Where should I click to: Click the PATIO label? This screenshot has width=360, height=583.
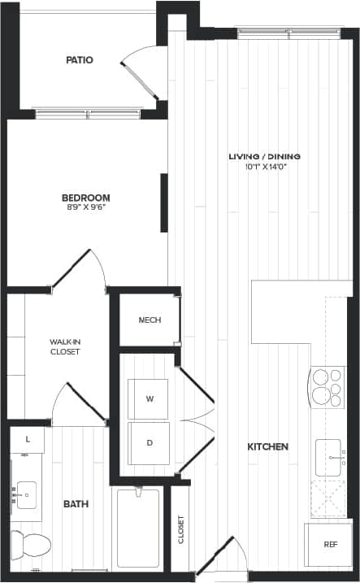[x=79, y=60]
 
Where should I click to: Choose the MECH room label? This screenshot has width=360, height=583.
[x=150, y=320]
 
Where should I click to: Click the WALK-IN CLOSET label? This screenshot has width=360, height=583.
[x=65, y=346]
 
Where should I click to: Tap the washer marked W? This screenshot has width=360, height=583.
[x=150, y=399]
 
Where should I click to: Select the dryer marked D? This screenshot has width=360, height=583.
[x=150, y=443]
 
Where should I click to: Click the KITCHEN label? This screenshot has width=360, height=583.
[x=267, y=447]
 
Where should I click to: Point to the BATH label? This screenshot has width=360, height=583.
[x=76, y=505]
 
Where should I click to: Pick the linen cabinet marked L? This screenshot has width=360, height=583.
[x=28, y=440]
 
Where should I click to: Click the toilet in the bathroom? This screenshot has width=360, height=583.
[x=31, y=543]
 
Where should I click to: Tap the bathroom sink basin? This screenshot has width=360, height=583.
[x=26, y=492]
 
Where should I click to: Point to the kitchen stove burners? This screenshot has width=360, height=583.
[x=326, y=387]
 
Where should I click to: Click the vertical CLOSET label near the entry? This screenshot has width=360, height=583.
[x=180, y=530]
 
